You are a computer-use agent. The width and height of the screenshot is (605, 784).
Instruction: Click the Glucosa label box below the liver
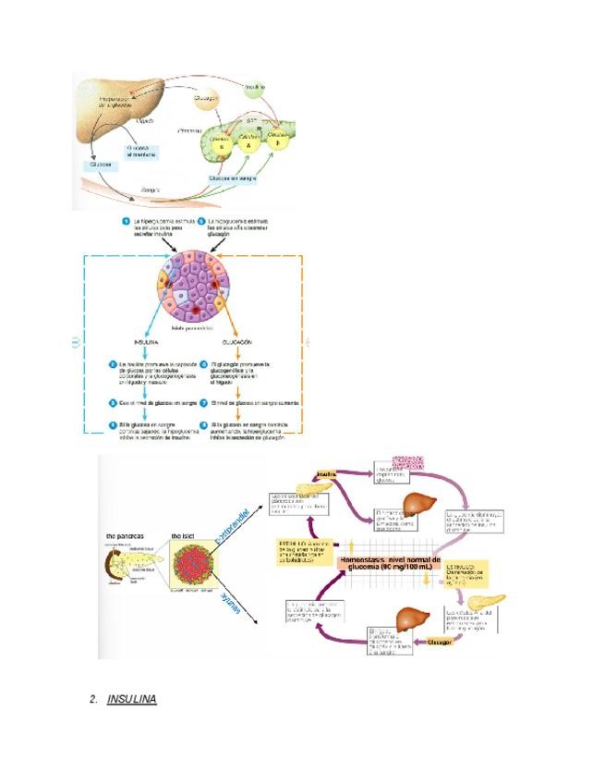[x=100, y=165]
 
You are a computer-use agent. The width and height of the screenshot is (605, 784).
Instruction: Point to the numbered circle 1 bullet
[x=127, y=222]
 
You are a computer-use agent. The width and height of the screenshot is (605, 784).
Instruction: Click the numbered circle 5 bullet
[x=201, y=222]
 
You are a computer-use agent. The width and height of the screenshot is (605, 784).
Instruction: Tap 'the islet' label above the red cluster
[x=186, y=534]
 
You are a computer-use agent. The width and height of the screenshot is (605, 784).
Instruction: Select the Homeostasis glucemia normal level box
[x=391, y=564]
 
